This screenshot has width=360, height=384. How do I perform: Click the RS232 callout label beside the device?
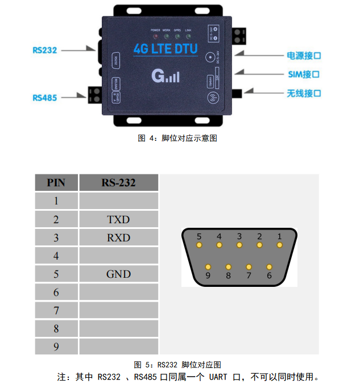tap(45, 51)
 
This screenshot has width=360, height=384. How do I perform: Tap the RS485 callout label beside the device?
tap(45, 98)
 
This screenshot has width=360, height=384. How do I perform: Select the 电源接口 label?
tap(304, 56)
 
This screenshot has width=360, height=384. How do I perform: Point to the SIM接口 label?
tap(304, 74)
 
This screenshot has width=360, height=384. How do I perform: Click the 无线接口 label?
tap(304, 93)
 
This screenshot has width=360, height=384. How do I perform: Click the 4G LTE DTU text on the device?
tap(165, 49)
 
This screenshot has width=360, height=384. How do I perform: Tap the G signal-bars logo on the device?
tap(165, 76)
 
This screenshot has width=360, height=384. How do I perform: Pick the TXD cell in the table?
tap(118, 220)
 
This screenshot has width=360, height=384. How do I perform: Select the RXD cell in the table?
tap(118, 238)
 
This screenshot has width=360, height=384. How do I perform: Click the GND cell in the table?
tap(118, 274)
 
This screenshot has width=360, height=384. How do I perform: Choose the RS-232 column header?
tap(118, 183)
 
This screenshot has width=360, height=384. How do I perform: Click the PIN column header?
tap(56, 183)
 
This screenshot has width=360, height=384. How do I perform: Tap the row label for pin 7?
tap(56, 311)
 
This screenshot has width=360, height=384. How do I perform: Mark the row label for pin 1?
tap(56, 201)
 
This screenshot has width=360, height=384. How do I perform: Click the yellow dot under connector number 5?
tap(199, 245)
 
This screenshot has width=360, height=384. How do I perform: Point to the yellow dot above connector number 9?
tap(209, 266)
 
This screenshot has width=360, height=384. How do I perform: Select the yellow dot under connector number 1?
tap(279, 245)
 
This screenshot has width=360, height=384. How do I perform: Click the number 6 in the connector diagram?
tap(269, 276)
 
